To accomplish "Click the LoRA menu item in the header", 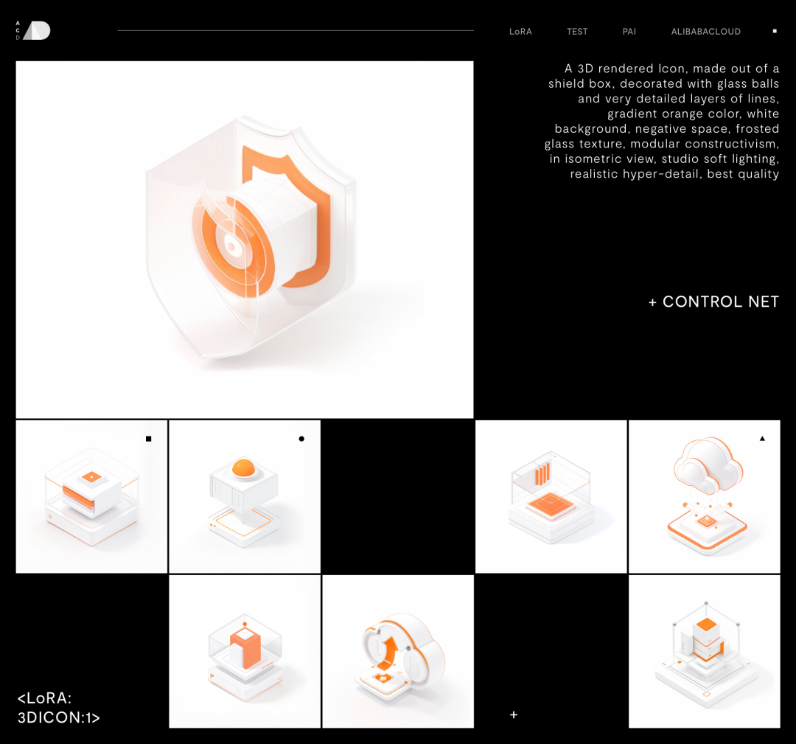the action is (520, 32).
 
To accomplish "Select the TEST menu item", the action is (577, 32).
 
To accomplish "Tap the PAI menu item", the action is (629, 32).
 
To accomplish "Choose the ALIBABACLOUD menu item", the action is (705, 32).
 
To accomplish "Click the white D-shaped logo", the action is (38, 30).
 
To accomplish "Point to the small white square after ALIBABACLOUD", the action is (775, 31).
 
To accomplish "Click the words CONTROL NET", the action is (720, 302).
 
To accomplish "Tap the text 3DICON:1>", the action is (58, 717).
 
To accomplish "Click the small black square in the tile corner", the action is (149, 439).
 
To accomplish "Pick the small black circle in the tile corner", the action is (301, 439).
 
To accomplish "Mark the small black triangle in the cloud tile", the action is (762, 438).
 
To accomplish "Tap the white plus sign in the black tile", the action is (514, 715).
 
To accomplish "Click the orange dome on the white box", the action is (243, 467).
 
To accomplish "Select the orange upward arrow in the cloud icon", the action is (389, 651).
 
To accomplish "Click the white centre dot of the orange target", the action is (232, 247).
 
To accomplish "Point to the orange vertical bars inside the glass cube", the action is (542, 474).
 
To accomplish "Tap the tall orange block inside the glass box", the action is (245, 648).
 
